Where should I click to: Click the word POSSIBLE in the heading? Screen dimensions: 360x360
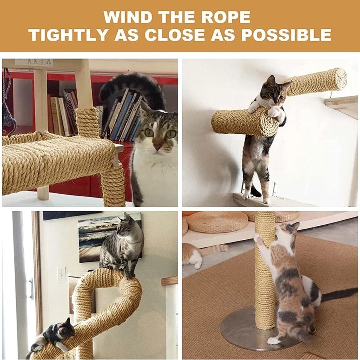286,35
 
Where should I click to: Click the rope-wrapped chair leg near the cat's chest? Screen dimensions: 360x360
113,184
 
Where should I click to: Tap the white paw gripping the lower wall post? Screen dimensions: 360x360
274,113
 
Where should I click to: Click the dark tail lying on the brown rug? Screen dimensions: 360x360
338,293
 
